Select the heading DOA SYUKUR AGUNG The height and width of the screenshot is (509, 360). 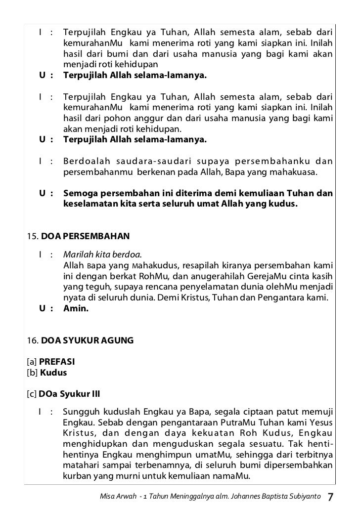pyautogui.click(x=87, y=340)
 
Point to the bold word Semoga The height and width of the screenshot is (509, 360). pyautogui.click(x=81, y=193)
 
